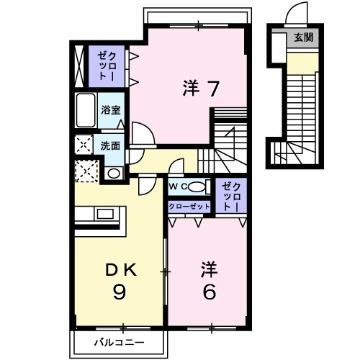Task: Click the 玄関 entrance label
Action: (x=303, y=37)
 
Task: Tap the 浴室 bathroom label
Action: (x=110, y=110)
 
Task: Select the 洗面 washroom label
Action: (x=110, y=145)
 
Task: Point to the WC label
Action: (x=179, y=186)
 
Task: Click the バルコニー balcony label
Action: (x=120, y=342)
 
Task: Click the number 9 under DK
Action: (x=120, y=293)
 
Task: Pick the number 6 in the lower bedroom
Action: (x=210, y=292)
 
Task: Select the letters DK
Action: (x=121, y=271)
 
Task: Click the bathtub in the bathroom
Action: (x=86, y=110)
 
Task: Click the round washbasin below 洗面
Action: (x=114, y=174)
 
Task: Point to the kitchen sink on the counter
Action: (x=104, y=214)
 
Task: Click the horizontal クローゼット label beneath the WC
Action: (x=189, y=206)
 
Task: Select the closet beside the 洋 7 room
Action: (x=107, y=66)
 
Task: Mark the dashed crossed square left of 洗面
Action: (x=84, y=145)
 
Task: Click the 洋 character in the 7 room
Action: (x=191, y=88)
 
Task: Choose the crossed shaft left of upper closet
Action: (x=79, y=66)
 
